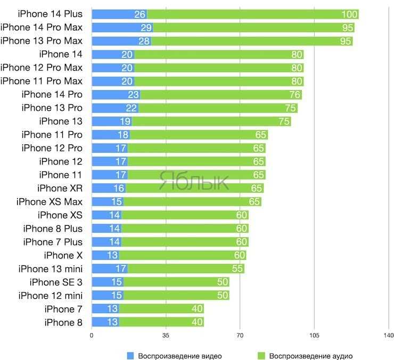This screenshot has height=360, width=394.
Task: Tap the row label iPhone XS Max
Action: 50,202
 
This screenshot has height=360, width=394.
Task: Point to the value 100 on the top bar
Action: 349,14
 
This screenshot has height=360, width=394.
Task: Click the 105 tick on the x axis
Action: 314,336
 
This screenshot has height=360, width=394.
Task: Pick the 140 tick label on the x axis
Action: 388,336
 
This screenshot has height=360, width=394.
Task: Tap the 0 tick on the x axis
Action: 92,336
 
